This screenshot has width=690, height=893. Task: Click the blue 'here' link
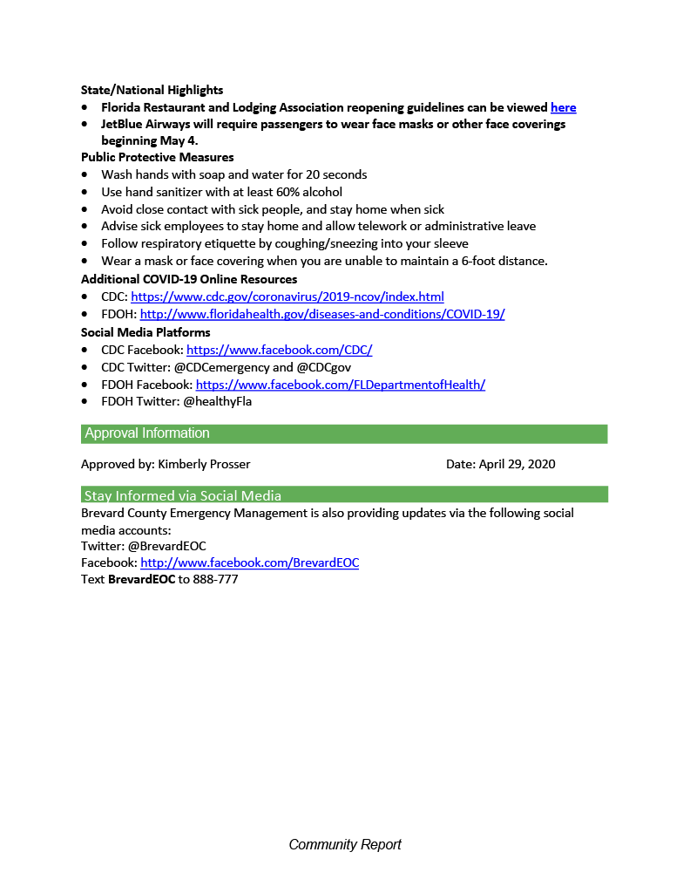[563, 107]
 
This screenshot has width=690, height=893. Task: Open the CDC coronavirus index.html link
[287, 297]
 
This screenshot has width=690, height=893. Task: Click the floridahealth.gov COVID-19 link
[322, 314]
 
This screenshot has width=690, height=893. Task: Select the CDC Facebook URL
[279, 350]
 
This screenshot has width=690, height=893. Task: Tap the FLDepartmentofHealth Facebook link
[340, 385]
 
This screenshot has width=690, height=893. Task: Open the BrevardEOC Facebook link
[249, 562]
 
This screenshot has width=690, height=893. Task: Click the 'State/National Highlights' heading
[152, 90]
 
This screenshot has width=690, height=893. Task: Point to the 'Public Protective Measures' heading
[157, 158]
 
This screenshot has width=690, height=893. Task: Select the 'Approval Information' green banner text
[147, 433]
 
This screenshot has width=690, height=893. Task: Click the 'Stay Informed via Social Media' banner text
[182, 496]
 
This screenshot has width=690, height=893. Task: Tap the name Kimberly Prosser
[204, 464]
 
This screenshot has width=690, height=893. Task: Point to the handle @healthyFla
[217, 402]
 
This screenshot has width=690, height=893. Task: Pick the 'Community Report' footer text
[345, 844]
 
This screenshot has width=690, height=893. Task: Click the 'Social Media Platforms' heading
[145, 332]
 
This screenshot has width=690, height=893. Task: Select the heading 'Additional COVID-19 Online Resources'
[189, 280]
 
